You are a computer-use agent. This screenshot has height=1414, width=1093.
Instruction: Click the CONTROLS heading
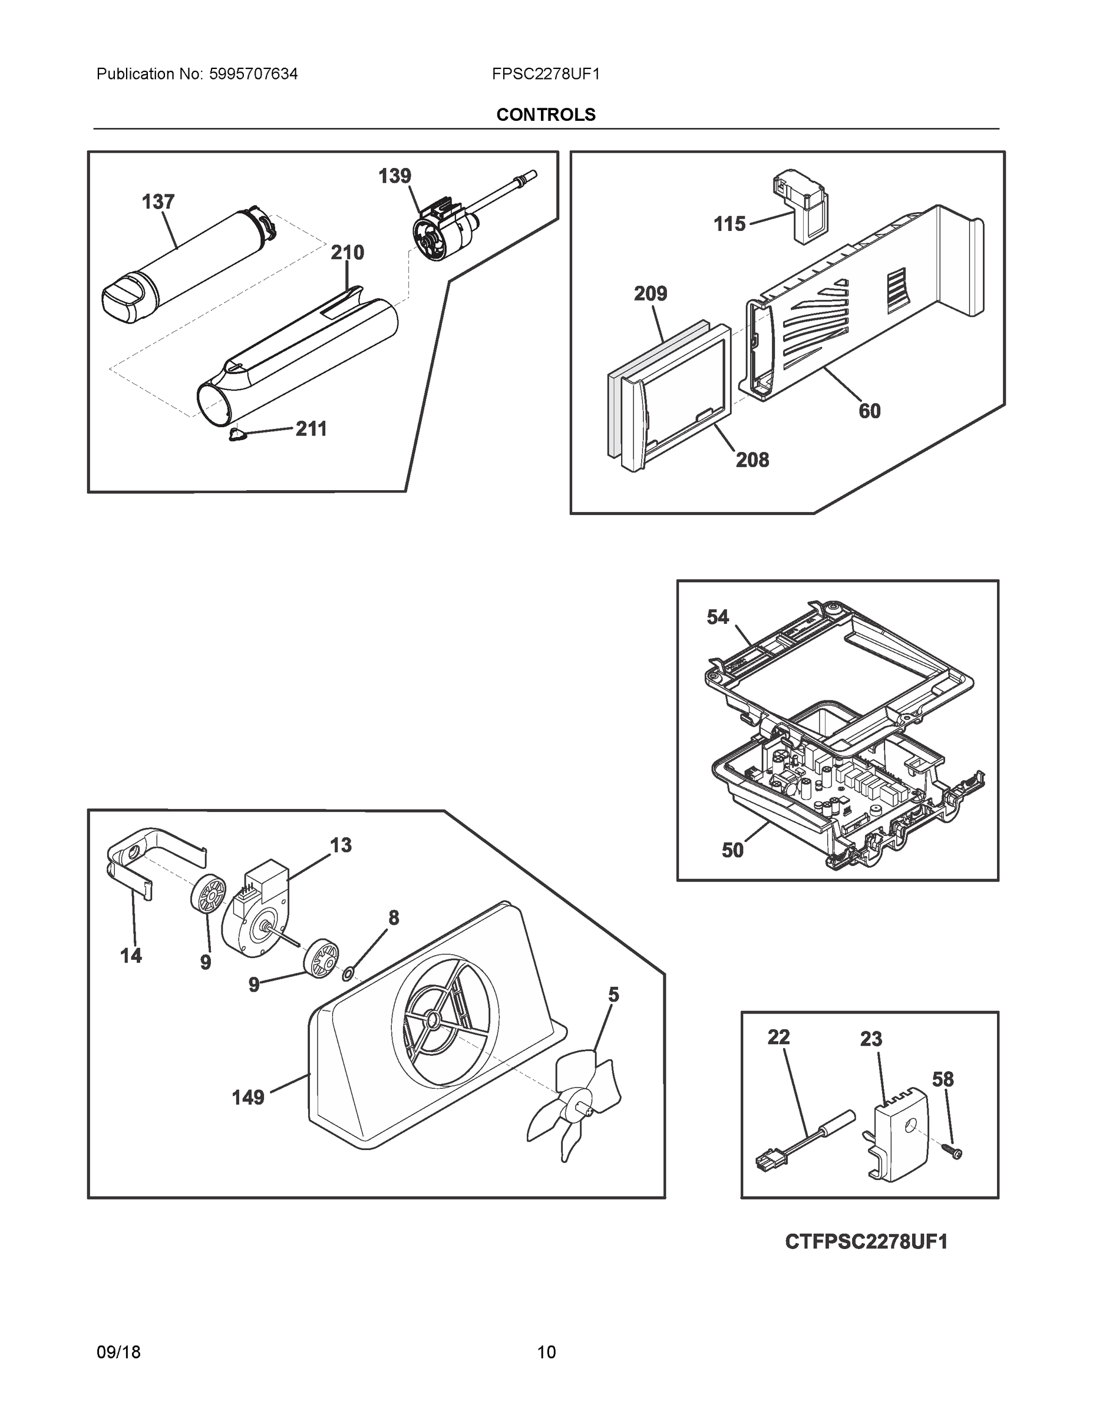pos(545,115)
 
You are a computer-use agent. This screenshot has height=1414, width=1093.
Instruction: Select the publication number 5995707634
pos(253,74)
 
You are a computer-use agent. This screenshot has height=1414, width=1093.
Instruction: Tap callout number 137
pos(158,202)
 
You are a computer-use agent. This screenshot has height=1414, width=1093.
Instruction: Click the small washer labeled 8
pos(348,973)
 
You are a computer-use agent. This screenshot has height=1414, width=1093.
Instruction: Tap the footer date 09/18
pos(118,1352)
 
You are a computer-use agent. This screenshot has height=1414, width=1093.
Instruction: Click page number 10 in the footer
pos(546,1352)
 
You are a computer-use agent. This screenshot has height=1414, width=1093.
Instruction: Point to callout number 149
pos(248,1098)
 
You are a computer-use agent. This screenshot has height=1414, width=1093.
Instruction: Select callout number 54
pos(718,617)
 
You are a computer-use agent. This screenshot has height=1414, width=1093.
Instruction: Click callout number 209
pos(650,294)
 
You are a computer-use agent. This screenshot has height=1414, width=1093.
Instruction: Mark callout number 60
pos(869,411)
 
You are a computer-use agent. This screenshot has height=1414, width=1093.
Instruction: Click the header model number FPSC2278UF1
pos(545,74)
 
